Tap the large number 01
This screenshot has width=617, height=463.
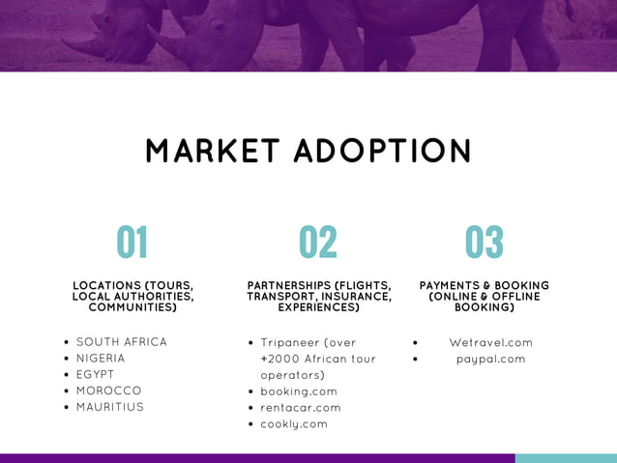click(132, 243)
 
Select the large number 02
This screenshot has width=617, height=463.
click(318, 243)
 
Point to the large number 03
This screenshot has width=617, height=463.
click(485, 243)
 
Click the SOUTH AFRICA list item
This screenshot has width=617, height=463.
click(122, 342)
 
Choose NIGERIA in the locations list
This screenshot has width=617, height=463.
click(101, 359)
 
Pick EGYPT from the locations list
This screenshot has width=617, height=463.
click(96, 374)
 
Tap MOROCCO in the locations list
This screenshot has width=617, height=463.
click(109, 391)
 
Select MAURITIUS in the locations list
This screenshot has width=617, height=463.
click(110, 407)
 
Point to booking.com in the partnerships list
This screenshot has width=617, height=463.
click(299, 391)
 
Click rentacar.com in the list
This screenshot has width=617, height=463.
click(301, 408)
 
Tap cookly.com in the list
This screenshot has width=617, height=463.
click(294, 424)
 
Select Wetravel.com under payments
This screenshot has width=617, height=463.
click(491, 343)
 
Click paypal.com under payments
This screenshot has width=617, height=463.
click(491, 360)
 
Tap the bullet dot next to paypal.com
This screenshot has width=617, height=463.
click(415, 360)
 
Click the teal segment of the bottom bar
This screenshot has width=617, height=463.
click(566, 458)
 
